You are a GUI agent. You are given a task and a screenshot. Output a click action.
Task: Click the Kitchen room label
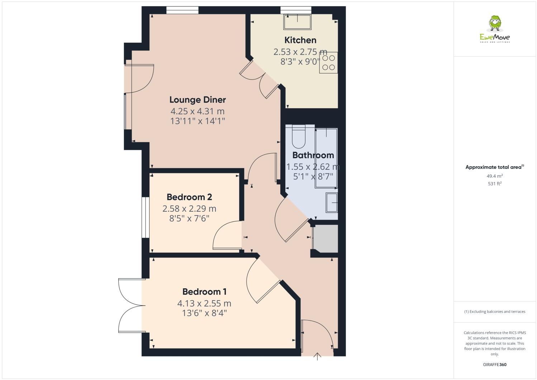(300, 40)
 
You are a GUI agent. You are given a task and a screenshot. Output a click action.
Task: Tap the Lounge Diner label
(198, 100)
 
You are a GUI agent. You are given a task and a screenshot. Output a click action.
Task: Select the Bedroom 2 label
(189, 197)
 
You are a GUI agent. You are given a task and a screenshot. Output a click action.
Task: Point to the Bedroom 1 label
(204, 292)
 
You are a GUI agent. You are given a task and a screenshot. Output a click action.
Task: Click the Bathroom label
(313, 155)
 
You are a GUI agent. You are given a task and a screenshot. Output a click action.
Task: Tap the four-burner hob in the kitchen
(328, 63)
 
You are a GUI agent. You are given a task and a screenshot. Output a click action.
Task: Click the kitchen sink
(298, 22)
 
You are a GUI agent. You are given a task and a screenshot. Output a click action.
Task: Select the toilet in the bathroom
(298, 137)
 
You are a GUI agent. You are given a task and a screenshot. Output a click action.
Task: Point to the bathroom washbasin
(332, 203)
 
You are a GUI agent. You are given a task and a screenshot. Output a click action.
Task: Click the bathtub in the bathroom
(326, 158)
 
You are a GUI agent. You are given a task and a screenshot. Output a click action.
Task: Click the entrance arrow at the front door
(317, 356)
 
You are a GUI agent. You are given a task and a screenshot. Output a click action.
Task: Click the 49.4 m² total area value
(495, 176)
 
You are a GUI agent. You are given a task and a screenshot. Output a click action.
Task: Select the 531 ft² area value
(495, 184)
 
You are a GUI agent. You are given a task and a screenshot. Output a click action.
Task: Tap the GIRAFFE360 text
(495, 365)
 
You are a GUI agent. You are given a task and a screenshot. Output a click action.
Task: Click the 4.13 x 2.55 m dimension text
(204, 304)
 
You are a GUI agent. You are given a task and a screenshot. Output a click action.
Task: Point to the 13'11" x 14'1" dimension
(198, 121)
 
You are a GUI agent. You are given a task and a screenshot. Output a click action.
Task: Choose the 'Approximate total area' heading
(494, 167)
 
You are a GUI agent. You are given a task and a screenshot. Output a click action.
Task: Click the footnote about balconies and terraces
(495, 312)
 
